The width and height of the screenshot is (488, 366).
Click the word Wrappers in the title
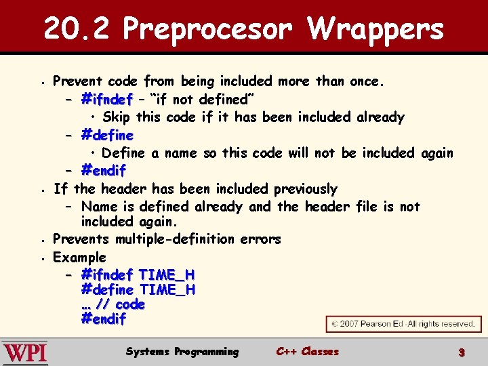click(375, 29)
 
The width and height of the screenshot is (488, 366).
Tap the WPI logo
click(25, 352)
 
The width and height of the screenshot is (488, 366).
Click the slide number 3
click(461, 352)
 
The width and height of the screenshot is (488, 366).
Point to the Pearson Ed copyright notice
click(403, 324)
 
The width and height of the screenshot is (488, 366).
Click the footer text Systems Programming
click(182, 352)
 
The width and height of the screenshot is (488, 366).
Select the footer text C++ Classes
click(307, 352)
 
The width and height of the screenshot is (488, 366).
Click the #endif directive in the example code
click(103, 319)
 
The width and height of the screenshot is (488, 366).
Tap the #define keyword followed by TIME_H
click(107, 289)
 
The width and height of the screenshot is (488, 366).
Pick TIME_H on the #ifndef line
click(166, 274)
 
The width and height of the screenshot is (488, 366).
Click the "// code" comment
click(121, 304)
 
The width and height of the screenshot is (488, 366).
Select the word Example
click(79, 257)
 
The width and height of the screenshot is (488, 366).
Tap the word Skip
click(117, 117)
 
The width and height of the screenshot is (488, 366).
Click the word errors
click(261, 239)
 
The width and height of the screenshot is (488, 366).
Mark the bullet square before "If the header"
click(42, 189)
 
